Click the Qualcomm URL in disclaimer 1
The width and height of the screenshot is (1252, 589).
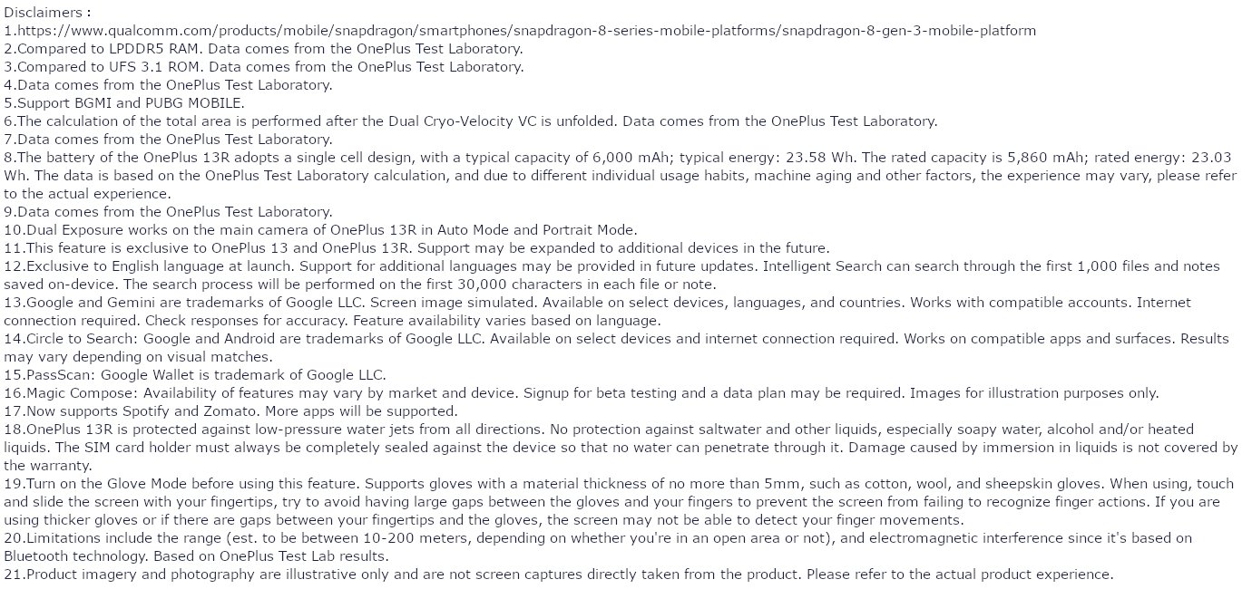(526, 31)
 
